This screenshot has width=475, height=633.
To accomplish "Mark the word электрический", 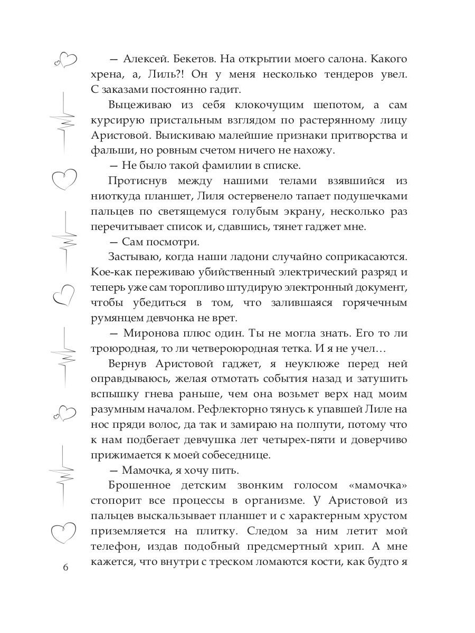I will (x=305, y=272).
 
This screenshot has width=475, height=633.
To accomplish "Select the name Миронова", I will (x=154, y=333).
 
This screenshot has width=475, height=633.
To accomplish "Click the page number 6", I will (x=65, y=568).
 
